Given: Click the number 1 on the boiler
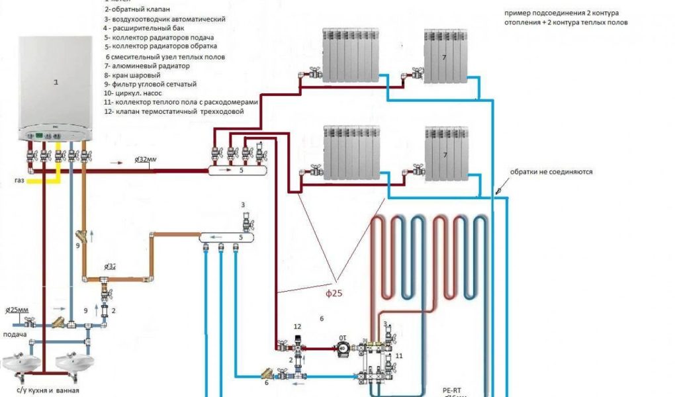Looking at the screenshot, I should coord(56,83).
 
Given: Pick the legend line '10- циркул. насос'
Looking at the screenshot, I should coord(132,93).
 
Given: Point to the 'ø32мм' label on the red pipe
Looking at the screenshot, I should coord(146,159).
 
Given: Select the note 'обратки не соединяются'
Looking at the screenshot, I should coord(551,171).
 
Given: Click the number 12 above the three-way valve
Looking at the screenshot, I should coord(297,327).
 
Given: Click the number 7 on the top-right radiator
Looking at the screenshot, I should coord(444,58).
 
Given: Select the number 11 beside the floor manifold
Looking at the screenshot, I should coord(399,356).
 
